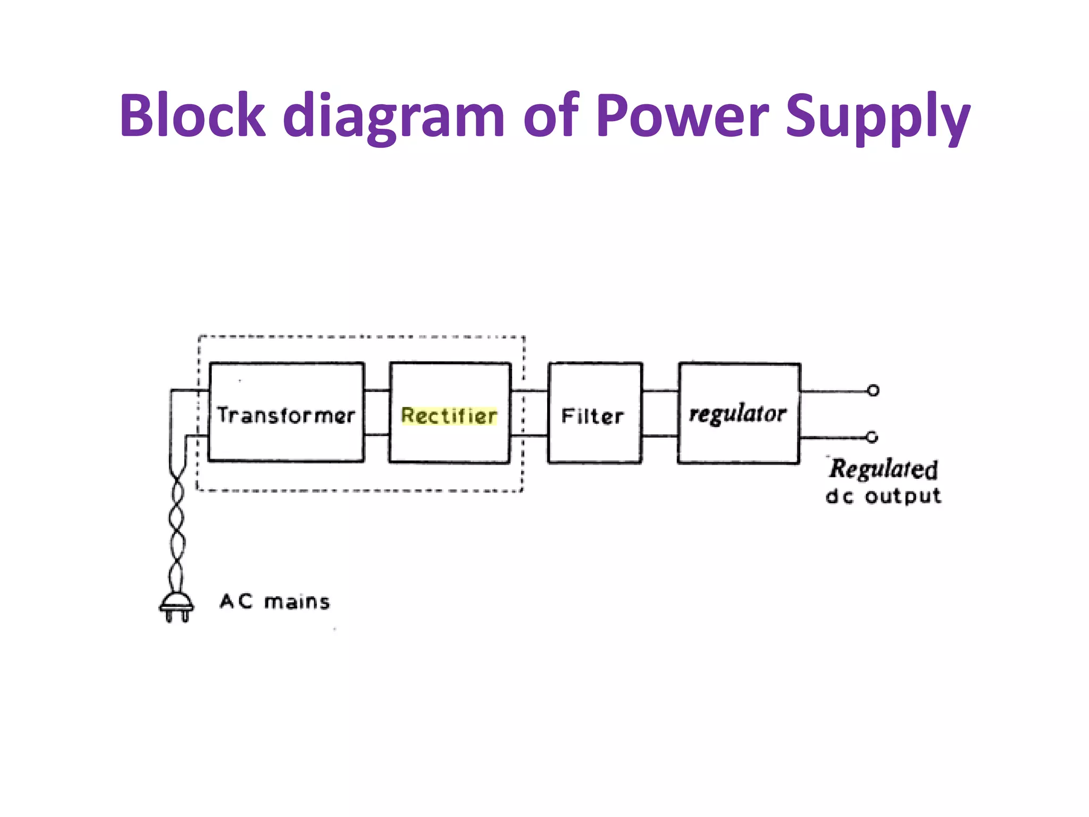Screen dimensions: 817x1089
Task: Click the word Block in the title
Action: tap(192, 115)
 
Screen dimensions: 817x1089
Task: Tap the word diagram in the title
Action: tap(393, 117)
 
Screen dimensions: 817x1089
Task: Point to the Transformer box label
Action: tap(286, 415)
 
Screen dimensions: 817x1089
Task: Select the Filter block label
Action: tap(593, 416)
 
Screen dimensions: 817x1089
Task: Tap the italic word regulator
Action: tap(738, 414)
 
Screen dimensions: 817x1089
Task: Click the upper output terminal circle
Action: tap(873, 390)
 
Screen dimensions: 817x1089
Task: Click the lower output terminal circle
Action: tap(872, 437)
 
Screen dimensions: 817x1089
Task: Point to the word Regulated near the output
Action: tap(883, 469)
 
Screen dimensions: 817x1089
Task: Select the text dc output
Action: tap(883, 496)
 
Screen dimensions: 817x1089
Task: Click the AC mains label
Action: tap(275, 602)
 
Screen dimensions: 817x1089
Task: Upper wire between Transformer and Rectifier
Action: tap(377, 390)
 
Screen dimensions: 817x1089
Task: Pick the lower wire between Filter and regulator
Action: tap(660, 436)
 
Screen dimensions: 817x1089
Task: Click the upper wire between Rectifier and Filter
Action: tap(530, 391)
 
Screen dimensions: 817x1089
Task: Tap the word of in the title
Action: tap(551, 115)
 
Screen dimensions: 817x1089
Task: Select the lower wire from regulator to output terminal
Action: tap(832, 438)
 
